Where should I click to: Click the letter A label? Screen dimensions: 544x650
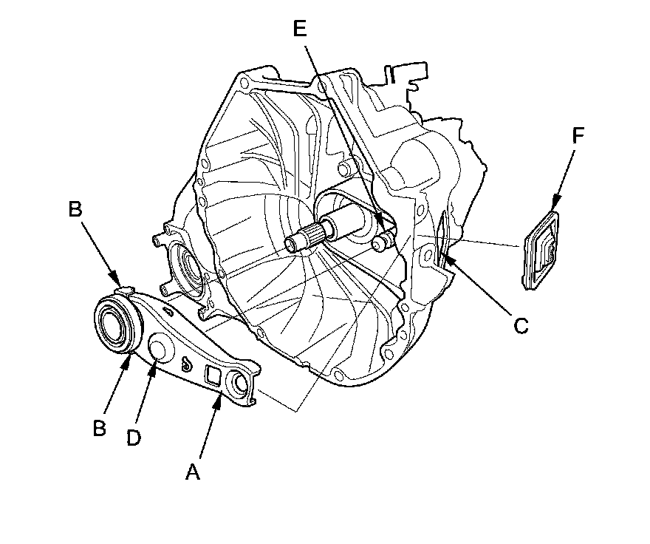pyautogui.click(x=193, y=472)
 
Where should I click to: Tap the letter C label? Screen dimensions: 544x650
pyautogui.click(x=521, y=325)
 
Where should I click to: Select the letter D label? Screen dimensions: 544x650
pyautogui.click(x=133, y=438)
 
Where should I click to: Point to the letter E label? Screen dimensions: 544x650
pyautogui.click(x=298, y=29)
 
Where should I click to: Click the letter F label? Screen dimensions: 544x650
pyautogui.click(x=578, y=135)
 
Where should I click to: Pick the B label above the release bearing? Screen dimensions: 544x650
pyautogui.click(x=75, y=208)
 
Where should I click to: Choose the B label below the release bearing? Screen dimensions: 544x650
pyautogui.click(x=99, y=428)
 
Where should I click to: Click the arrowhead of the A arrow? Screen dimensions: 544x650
pyautogui.click(x=219, y=398)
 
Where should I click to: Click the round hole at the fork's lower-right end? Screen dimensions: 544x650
pyautogui.click(x=242, y=382)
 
